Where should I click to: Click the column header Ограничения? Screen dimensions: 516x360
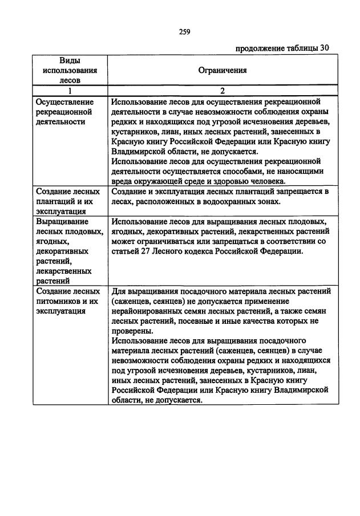click(222, 71)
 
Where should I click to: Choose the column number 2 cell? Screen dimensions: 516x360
click(222, 90)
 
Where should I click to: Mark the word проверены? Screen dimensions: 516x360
click(132, 331)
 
